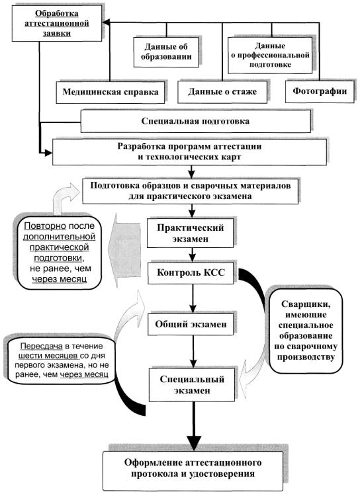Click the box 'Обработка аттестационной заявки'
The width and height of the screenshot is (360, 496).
(x=57, y=23)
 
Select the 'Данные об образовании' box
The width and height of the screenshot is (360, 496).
(x=166, y=52)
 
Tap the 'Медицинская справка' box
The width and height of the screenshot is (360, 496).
(x=111, y=92)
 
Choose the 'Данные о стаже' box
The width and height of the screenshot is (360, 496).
(x=222, y=92)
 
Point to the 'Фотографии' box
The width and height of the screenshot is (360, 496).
(x=320, y=91)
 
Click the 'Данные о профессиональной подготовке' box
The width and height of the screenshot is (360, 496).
(x=270, y=56)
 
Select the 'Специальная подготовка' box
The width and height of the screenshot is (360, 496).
(x=196, y=121)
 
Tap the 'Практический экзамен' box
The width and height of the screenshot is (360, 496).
(x=191, y=233)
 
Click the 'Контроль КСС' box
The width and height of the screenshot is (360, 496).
(x=191, y=272)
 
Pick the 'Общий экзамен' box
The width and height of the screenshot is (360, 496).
(x=191, y=324)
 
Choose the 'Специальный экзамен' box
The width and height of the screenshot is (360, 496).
(x=192, y=385)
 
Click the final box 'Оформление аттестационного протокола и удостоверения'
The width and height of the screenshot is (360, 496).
(x=193, y=468)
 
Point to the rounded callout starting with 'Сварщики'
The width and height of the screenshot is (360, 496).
(x=306, y=331)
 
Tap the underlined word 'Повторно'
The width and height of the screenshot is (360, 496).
(x=45, y=226)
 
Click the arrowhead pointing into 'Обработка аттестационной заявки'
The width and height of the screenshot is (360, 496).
(x=106, y=22)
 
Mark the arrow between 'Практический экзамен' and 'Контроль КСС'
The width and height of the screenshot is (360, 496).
(x=192, y=255)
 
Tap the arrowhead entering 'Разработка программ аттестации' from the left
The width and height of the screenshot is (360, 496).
(x=48, y=153)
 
